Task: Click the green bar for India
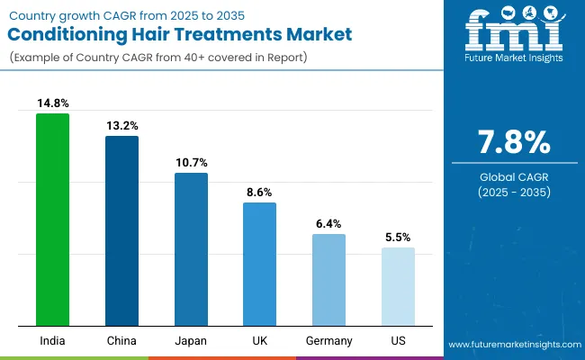pyautogui.click(x=52, y=220)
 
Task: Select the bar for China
pyautogui.click(x=121, y=231)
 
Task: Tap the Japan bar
pyautogui.click(x=191, y=249)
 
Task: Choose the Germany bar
pyautogui.click(x=328, y=280)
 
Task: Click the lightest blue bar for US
pyautogui.click(x=398, y=287)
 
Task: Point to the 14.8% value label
pyautogui.click(x=52, y=103)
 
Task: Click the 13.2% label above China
pyautogui.click(x=121, y=126)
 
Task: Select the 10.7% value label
pyautogui.click(x=191, y=163)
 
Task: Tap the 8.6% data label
pyautogui.click(x=259, y=193)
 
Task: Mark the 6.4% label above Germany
pyautogui.click(x=328, y=224)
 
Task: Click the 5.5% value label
pyautogui.click(x=398, y=238)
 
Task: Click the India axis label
pyautogui.click(x=52, y=341)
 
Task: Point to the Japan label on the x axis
pyautogui.click(x=191, y=341)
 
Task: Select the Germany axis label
pyautogui.click(x=328, y=341)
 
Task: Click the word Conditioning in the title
pyautogui.click(x=77, y=35)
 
